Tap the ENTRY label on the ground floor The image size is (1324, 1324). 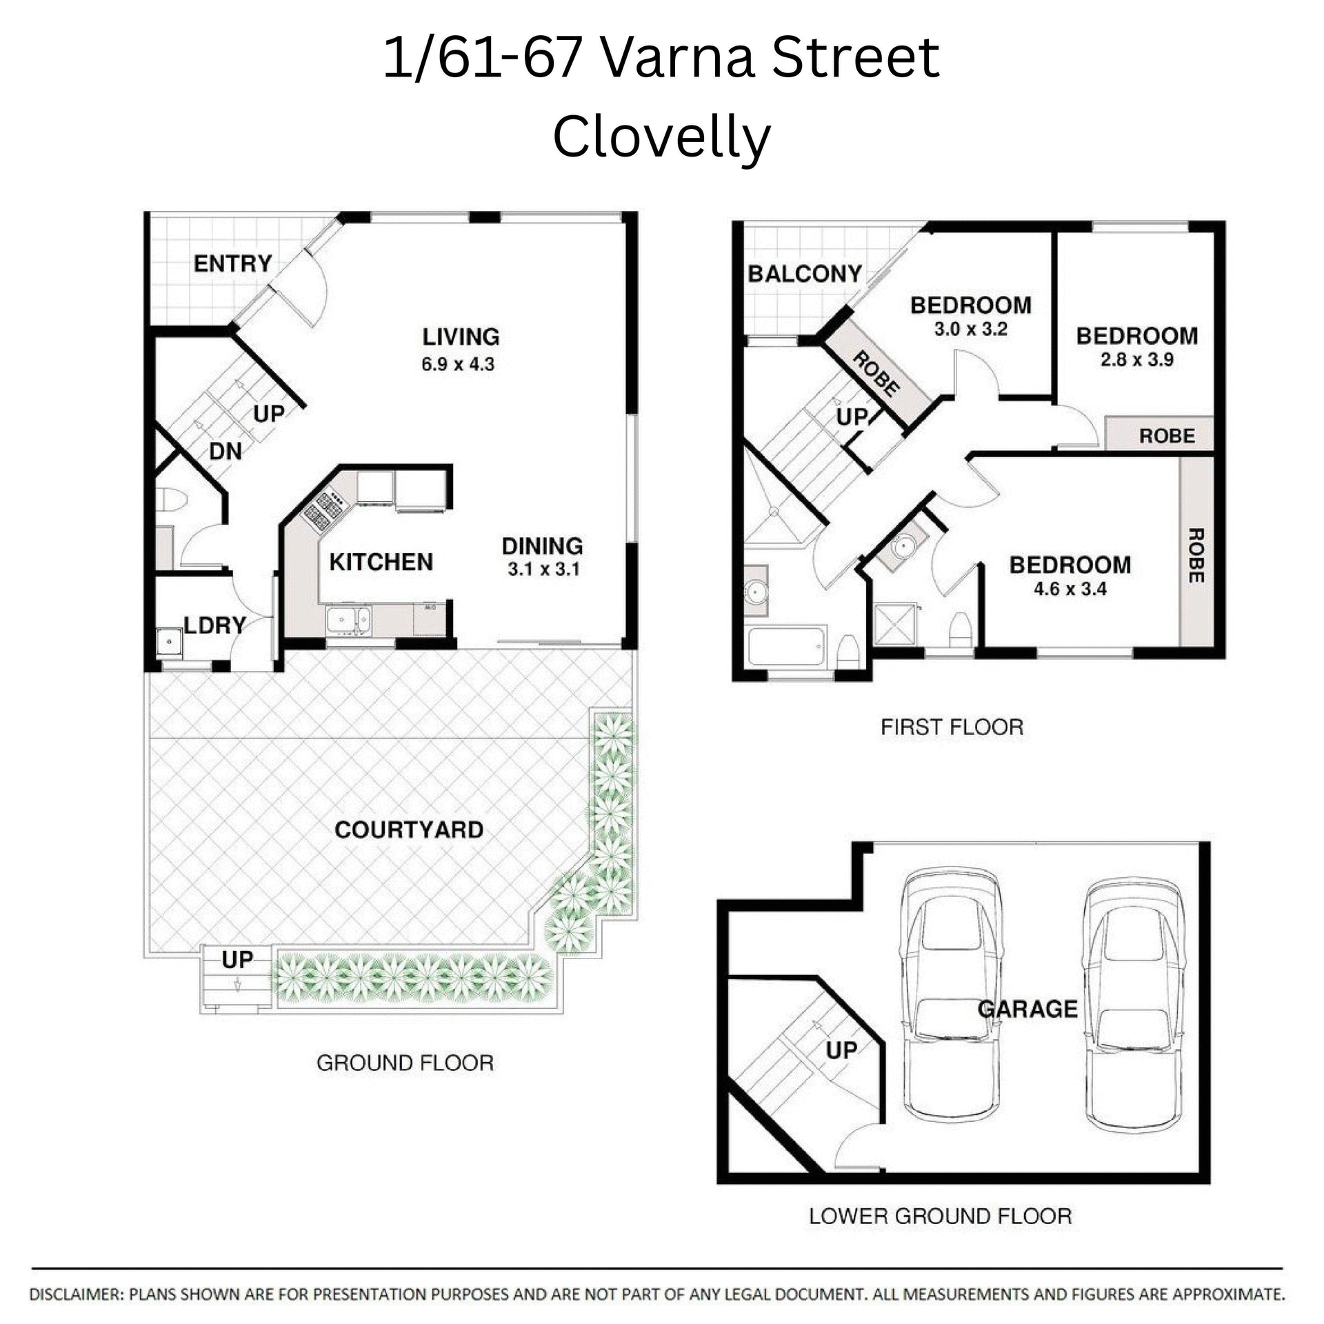point(232,263)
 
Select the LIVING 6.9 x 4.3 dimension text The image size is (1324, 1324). point(458,364)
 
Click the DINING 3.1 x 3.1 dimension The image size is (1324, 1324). point(543,570)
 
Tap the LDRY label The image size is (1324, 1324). point(214,625)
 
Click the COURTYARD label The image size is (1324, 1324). point(409,830)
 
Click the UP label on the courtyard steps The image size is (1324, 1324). point(237,959)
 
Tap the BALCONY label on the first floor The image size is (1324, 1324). point(805,274)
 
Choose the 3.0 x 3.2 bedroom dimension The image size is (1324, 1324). point(970,329)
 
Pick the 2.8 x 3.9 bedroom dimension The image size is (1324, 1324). point(1136,359)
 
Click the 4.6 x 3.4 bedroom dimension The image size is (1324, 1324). point(1070,589)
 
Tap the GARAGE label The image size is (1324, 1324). point(1027,1010)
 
